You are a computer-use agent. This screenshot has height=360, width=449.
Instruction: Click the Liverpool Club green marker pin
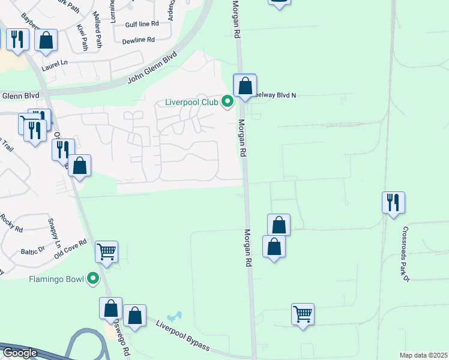point(228,102)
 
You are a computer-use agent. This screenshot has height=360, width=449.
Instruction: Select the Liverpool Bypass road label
point(183,336)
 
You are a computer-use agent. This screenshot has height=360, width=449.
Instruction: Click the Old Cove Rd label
point(70,248)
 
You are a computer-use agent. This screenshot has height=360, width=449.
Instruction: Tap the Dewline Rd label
point(138,40)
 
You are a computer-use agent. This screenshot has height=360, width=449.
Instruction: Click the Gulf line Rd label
point(142,24)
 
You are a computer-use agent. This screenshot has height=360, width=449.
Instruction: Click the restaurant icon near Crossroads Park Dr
point(393,202)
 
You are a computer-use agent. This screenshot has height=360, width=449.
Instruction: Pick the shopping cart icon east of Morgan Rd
point(303,314)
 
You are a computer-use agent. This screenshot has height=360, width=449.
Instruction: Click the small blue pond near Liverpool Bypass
point(175,316)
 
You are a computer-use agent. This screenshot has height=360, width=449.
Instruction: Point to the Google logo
point(19,353)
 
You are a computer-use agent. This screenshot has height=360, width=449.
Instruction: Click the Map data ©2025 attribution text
point(423,355)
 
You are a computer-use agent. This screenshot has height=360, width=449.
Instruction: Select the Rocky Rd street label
point(11,223)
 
